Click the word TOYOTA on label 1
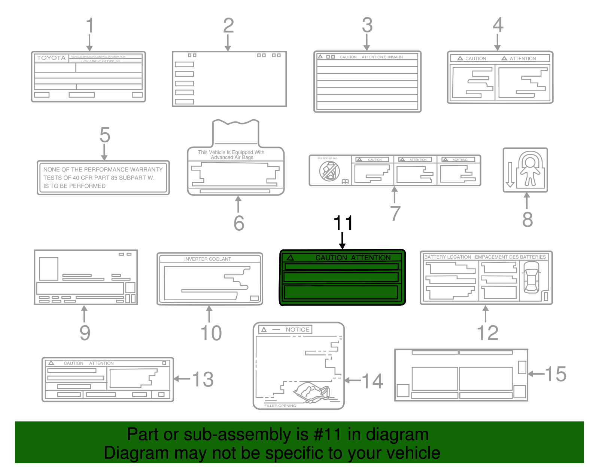click(51, 58)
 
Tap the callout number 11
click(343, 223)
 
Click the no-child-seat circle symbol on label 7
click(329, 172)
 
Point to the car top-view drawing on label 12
click(531, 277)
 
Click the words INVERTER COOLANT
click(207, 259)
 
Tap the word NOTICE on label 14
click(297, 329)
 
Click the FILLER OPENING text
click(280, 406)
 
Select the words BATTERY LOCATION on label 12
click(447, 257)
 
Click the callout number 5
click(105, 135)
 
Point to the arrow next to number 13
click(182, 379)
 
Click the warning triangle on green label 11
click(290, 258)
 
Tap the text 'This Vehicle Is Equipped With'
click(231, 152)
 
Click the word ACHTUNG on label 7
click(460, 160)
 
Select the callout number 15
click(556, 374)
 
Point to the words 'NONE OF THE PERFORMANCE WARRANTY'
click(103, 169)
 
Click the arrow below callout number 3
click(367, 42)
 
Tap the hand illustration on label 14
click(311, 392)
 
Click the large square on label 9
click(48, 268)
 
